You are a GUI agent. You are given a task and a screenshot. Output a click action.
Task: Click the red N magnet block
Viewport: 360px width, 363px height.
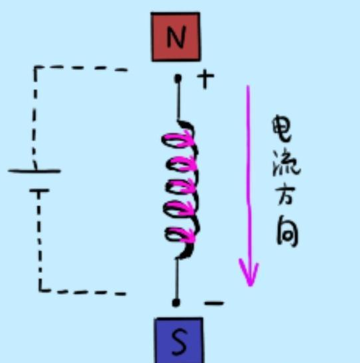(x=176, y=37)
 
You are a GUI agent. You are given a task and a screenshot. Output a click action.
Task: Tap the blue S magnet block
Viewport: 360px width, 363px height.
(x=180, y=340)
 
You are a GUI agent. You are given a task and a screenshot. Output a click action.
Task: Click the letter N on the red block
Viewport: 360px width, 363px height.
(x=176, y=37)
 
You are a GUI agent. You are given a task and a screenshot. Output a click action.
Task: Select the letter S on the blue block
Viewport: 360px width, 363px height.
(x=180, y=342)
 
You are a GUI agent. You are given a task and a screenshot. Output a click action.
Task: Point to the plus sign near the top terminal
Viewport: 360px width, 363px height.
(x=206, y=79)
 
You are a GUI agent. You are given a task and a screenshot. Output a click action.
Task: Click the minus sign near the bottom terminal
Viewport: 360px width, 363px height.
(x=214, y=303)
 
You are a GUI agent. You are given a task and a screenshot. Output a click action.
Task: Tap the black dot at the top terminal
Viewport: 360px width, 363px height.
(x=178, y=79)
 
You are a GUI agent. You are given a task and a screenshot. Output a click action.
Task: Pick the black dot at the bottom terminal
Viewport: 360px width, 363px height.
(x=176, y=303)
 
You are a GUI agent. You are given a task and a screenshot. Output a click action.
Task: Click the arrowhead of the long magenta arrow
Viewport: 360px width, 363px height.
(x=249, y=273)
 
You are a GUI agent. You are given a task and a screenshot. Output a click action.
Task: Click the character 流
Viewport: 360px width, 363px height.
(x=285, y=163)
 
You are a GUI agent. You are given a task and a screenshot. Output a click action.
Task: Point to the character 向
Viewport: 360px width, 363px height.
(x=287, y=231)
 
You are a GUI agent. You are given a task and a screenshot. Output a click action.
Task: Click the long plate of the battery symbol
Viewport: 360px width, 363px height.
(x=34, y=171)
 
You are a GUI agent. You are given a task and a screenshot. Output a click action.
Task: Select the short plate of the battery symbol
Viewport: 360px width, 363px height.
(x=39, y=191)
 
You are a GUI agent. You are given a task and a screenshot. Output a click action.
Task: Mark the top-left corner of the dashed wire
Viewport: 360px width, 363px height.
(x=35, y=68)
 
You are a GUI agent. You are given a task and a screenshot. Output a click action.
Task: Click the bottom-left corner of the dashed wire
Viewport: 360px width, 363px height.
(x=40, y=289)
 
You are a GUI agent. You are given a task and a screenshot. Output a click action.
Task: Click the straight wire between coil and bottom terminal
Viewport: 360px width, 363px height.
(x=176, y=278)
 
